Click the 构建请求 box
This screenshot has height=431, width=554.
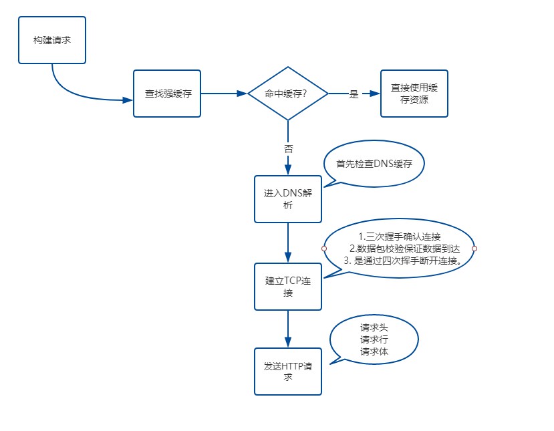click(x=52, y=40)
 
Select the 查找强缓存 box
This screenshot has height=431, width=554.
click(x=167, y=94)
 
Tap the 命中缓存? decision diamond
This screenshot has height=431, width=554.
click(x=287, y=94)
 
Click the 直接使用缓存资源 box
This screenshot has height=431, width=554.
click(x=414, y=94)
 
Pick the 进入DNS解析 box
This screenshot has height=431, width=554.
click(x=287, y=199)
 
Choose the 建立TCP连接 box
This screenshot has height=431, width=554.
click(x=287, y=286)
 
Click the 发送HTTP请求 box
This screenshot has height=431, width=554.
click(x=287, y=371)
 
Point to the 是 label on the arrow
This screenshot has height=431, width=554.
click(x=354, y=94)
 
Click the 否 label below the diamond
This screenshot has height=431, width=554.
click(x=288, y=148)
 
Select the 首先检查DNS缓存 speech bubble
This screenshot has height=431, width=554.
click(x=374, y=163)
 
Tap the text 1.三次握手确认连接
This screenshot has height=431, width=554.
click(x=399, y=237)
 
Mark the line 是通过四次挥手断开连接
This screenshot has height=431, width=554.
click(x=404, y=260)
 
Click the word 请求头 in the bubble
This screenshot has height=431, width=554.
click(x=374, y=327)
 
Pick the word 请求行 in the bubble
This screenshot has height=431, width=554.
click(x=374, y=339)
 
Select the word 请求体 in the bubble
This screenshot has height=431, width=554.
click(x=374, y=351)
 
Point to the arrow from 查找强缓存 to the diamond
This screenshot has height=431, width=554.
click(x=224, y=94)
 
